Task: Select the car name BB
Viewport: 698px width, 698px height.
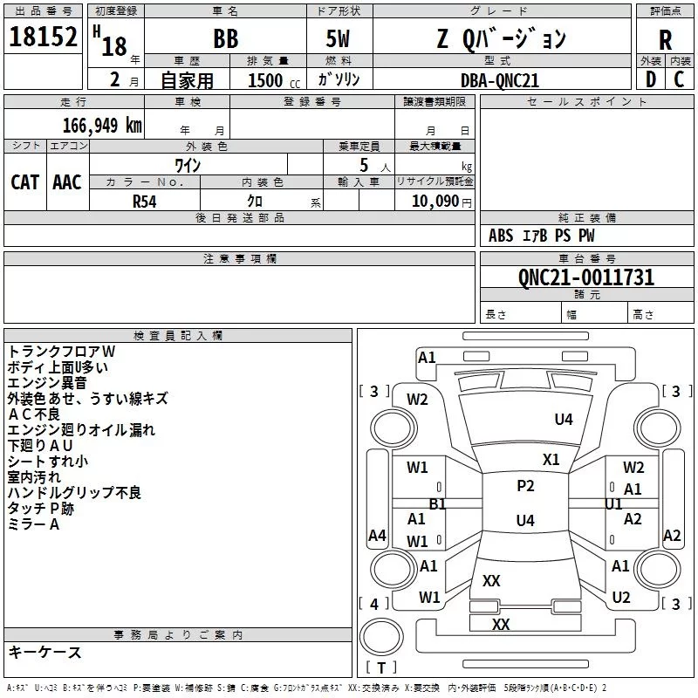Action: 225,38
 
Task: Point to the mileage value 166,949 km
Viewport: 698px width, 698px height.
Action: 102,125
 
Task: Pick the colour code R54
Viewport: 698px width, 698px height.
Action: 145,200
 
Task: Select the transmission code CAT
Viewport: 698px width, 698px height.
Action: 25,181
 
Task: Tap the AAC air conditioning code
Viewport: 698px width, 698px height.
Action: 67,181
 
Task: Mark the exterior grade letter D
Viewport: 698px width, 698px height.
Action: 650,79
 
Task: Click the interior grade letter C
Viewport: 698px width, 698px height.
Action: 679,79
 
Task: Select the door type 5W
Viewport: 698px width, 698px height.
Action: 339,38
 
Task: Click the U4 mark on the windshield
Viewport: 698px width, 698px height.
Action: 564,420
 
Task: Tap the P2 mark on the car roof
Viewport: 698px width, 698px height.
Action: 525,486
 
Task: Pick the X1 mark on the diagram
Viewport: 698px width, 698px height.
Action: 551,459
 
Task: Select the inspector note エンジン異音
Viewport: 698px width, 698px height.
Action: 47,382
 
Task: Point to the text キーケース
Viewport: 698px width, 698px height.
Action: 44,653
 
